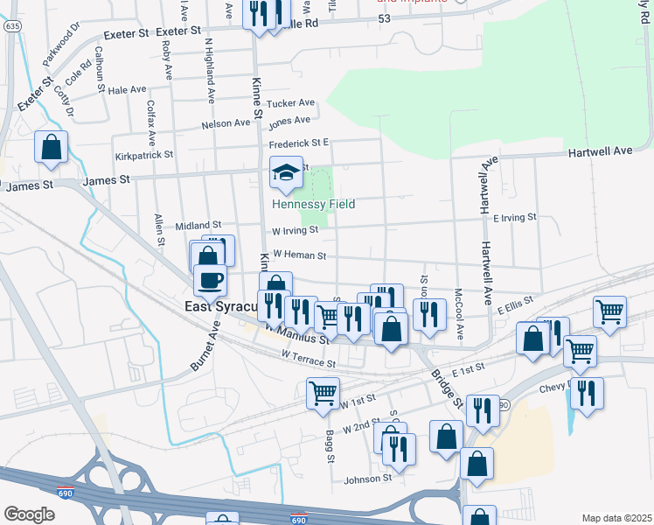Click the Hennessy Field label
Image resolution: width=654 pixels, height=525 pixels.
pos(313,204)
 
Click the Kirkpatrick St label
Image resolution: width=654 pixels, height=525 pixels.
pos(144,154)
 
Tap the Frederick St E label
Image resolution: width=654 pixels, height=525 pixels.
pos(298,143)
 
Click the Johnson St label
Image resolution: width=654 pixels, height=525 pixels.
pos(367,479)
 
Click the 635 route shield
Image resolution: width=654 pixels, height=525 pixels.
pos(12,26)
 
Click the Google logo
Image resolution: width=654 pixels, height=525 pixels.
pos(29,514)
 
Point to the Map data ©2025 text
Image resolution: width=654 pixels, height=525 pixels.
pos(616,518)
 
